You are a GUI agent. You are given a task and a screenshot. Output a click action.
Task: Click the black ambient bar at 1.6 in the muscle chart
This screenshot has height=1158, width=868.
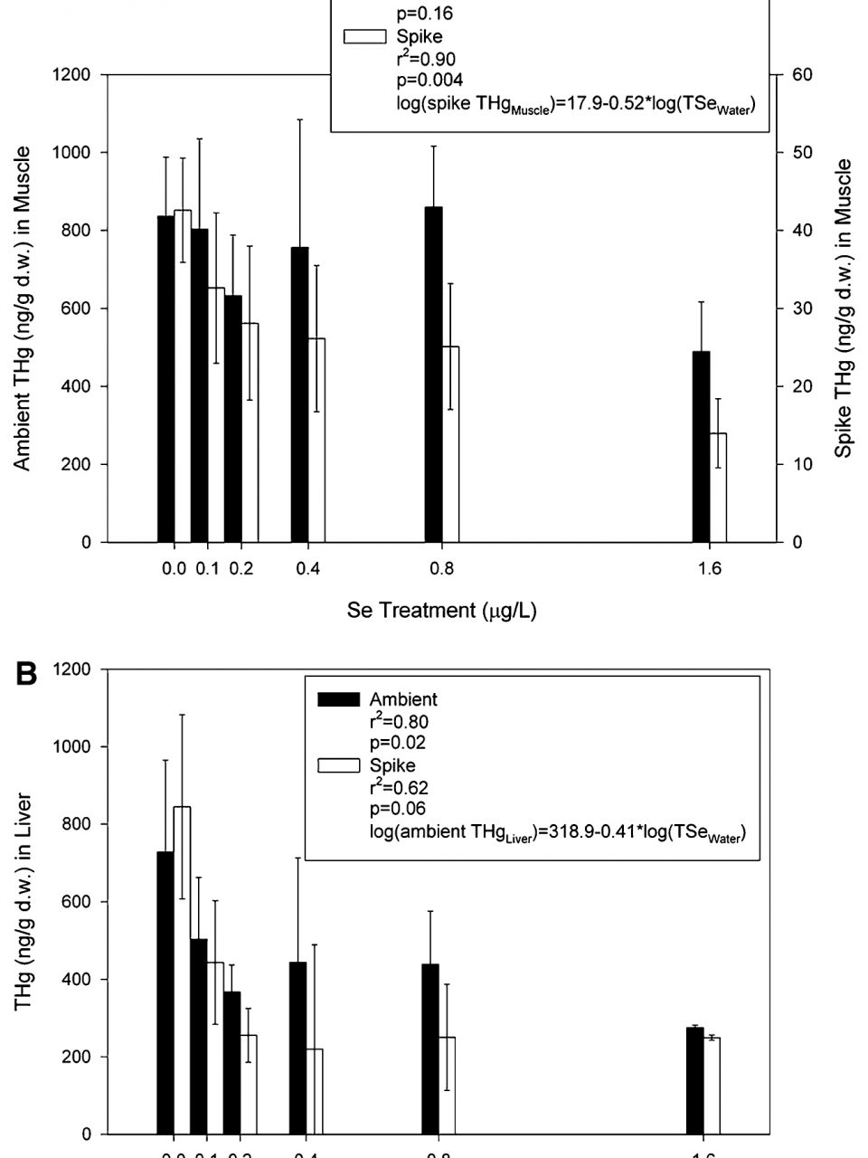coord(701,447)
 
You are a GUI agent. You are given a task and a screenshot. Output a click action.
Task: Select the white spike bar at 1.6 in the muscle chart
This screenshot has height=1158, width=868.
coord(718,488)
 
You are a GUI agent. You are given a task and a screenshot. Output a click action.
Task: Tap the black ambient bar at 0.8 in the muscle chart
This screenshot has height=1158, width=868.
coord(433,375)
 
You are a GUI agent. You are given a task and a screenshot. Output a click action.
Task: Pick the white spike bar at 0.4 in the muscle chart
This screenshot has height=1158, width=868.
coord(316,440)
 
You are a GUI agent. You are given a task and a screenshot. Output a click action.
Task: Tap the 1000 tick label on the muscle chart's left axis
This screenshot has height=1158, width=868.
coord(71,152)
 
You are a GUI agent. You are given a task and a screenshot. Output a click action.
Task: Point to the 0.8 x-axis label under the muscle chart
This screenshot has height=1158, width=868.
coord(441,569)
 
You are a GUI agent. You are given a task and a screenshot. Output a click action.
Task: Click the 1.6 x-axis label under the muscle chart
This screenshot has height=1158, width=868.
coord(710,569)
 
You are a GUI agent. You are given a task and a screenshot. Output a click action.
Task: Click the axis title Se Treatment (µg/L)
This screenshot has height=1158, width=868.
coord(441,611)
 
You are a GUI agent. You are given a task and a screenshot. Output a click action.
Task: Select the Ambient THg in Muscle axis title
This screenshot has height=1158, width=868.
coord(23,308)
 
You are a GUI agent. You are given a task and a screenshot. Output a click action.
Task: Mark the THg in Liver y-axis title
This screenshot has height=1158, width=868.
coord(23,901)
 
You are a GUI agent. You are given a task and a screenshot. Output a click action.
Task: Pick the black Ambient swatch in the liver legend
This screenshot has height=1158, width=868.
coord(339,699)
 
